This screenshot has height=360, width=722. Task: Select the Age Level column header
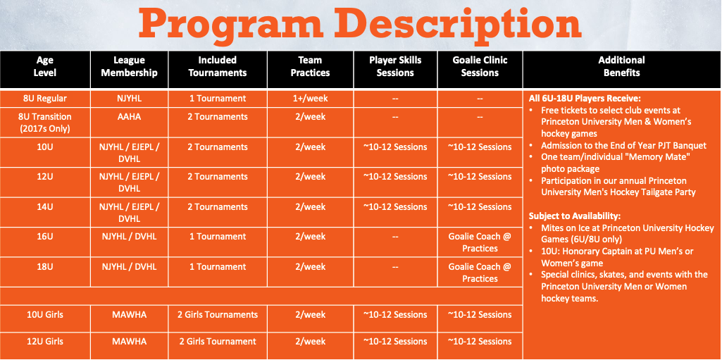click(x=44, y=66)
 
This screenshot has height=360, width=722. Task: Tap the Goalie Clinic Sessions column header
click(x=480, y=66)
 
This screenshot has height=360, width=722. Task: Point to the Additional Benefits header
click(x=621, y=66)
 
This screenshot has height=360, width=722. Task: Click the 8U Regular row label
click(x=45, y=99)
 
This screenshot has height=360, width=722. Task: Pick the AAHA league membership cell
click(x=130, y=117)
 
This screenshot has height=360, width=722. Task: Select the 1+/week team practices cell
click(x=311, y=99)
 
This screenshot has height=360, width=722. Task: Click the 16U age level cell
click(x=45, y=237)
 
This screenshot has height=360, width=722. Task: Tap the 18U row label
click(x=45, y=266)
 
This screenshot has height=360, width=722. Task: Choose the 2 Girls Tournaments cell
click(x=218, y=315)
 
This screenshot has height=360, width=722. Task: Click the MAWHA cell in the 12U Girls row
click(x=130, y=342)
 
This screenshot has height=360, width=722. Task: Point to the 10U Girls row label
click(x=45, y=315)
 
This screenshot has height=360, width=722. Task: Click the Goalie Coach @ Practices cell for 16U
click(x=480, y=242)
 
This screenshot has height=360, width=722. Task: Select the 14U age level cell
click(x=45, y=206)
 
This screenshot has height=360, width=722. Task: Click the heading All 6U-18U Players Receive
click(x=585, y=99)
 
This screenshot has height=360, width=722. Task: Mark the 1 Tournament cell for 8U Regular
click(x=218, y=99)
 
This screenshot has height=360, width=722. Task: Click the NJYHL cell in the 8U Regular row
click(x=130, y=99)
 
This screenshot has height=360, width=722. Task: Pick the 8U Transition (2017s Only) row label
click(x=45, y=123)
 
